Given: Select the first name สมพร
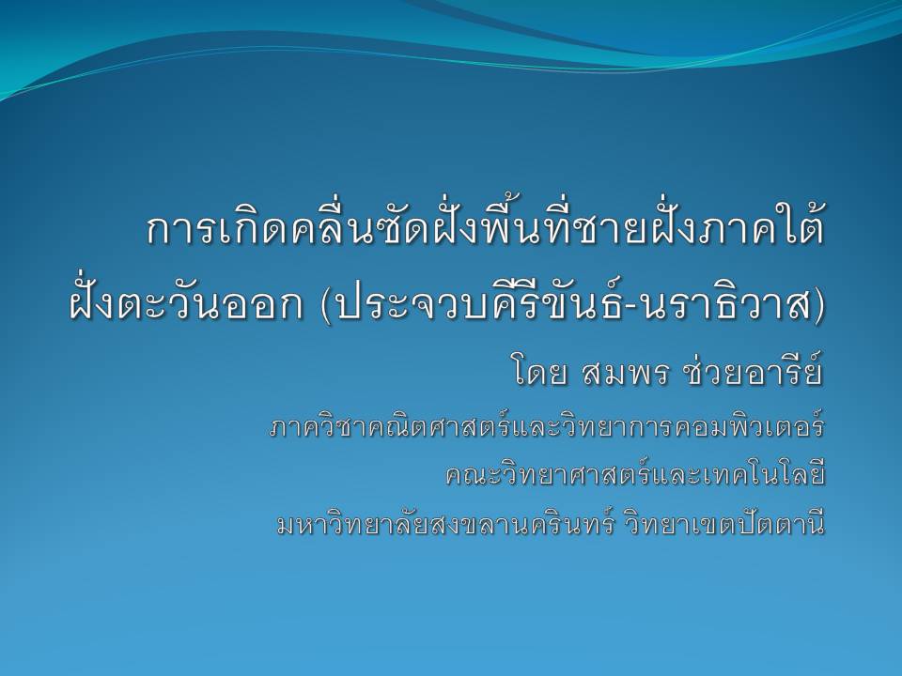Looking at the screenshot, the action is [x=626, y=374].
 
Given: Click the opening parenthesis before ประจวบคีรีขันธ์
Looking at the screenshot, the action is [x=327, y=303].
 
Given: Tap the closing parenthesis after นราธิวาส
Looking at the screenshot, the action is [x=816, y=303].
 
